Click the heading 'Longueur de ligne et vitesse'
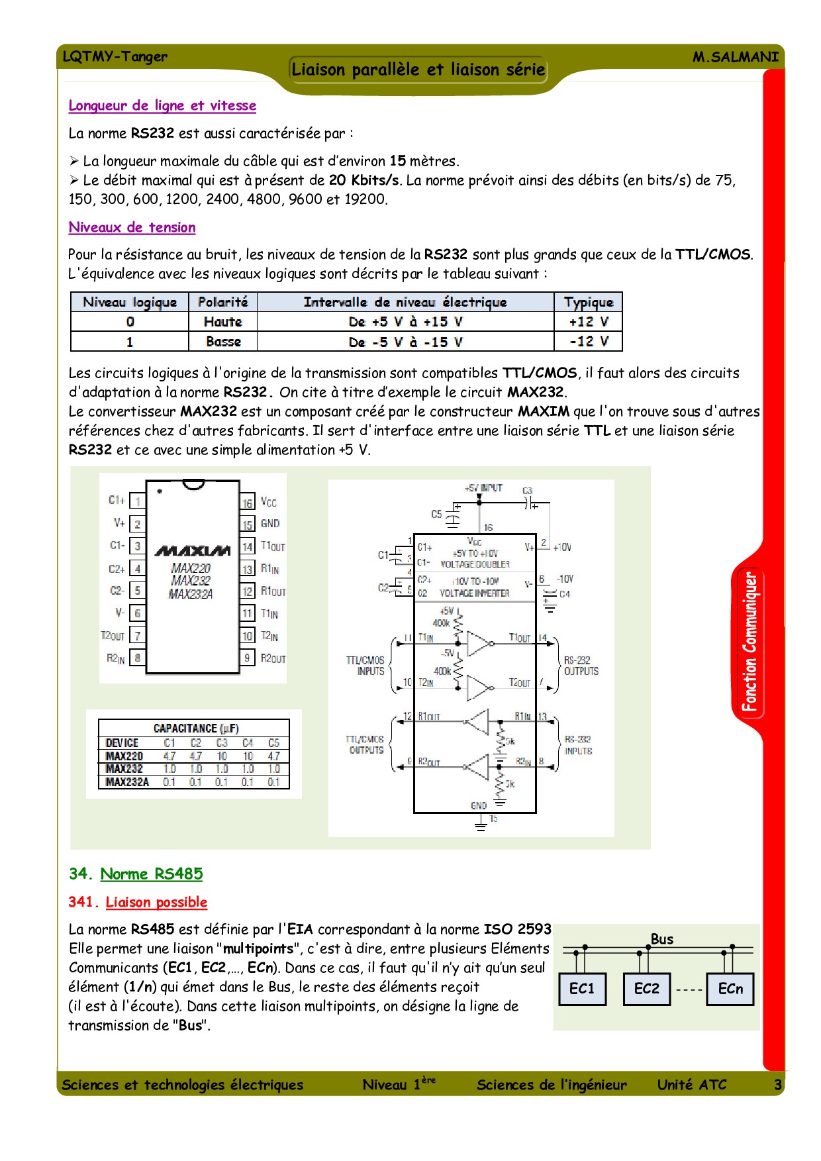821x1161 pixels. click(x=162, y=105)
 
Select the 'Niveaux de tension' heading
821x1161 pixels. click(x=132, y=227)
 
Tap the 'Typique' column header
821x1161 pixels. click(x=588, y=302)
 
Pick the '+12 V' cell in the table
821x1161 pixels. click(x=588, y=322)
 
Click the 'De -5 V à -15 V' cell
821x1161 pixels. click(x=405, y=342)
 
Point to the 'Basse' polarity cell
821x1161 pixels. click(x=223, y=342)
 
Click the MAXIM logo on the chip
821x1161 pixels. click(x=192, y=551)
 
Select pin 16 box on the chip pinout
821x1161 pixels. click(x=247, y=503)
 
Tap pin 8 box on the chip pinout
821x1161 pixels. click(x=138, y=658)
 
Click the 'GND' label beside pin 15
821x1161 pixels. click(x=270, y=524)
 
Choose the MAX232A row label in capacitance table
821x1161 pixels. click(x=127, y=782)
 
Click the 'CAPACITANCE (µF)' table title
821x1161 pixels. click(x=196, y=728)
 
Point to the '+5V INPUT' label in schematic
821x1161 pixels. click(x=483, y=488)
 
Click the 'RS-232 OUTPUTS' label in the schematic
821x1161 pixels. click(x=581, y=666)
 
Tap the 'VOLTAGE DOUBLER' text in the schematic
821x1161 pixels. click(x=475, y=564)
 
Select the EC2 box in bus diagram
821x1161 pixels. click(x=646, y=989)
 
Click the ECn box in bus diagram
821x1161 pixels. click(x=730, y=989)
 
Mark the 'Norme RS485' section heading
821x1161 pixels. click(x=151, y=874)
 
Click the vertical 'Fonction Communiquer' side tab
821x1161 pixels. click(x=749, y=641)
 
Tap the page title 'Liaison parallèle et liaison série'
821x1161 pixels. click(x=418, y=70)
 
